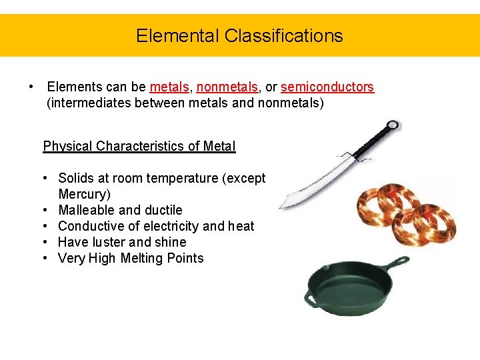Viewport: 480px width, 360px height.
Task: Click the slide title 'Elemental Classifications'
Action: (239, 35)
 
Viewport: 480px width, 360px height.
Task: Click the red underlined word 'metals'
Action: (170, 87)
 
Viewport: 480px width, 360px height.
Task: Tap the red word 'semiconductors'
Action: (327, 87)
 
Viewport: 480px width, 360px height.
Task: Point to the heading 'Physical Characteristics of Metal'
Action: (139, 146)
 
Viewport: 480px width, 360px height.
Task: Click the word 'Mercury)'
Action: (85, 194)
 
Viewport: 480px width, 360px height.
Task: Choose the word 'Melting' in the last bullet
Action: (142, 258)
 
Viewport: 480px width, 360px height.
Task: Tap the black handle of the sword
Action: (370, 143)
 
